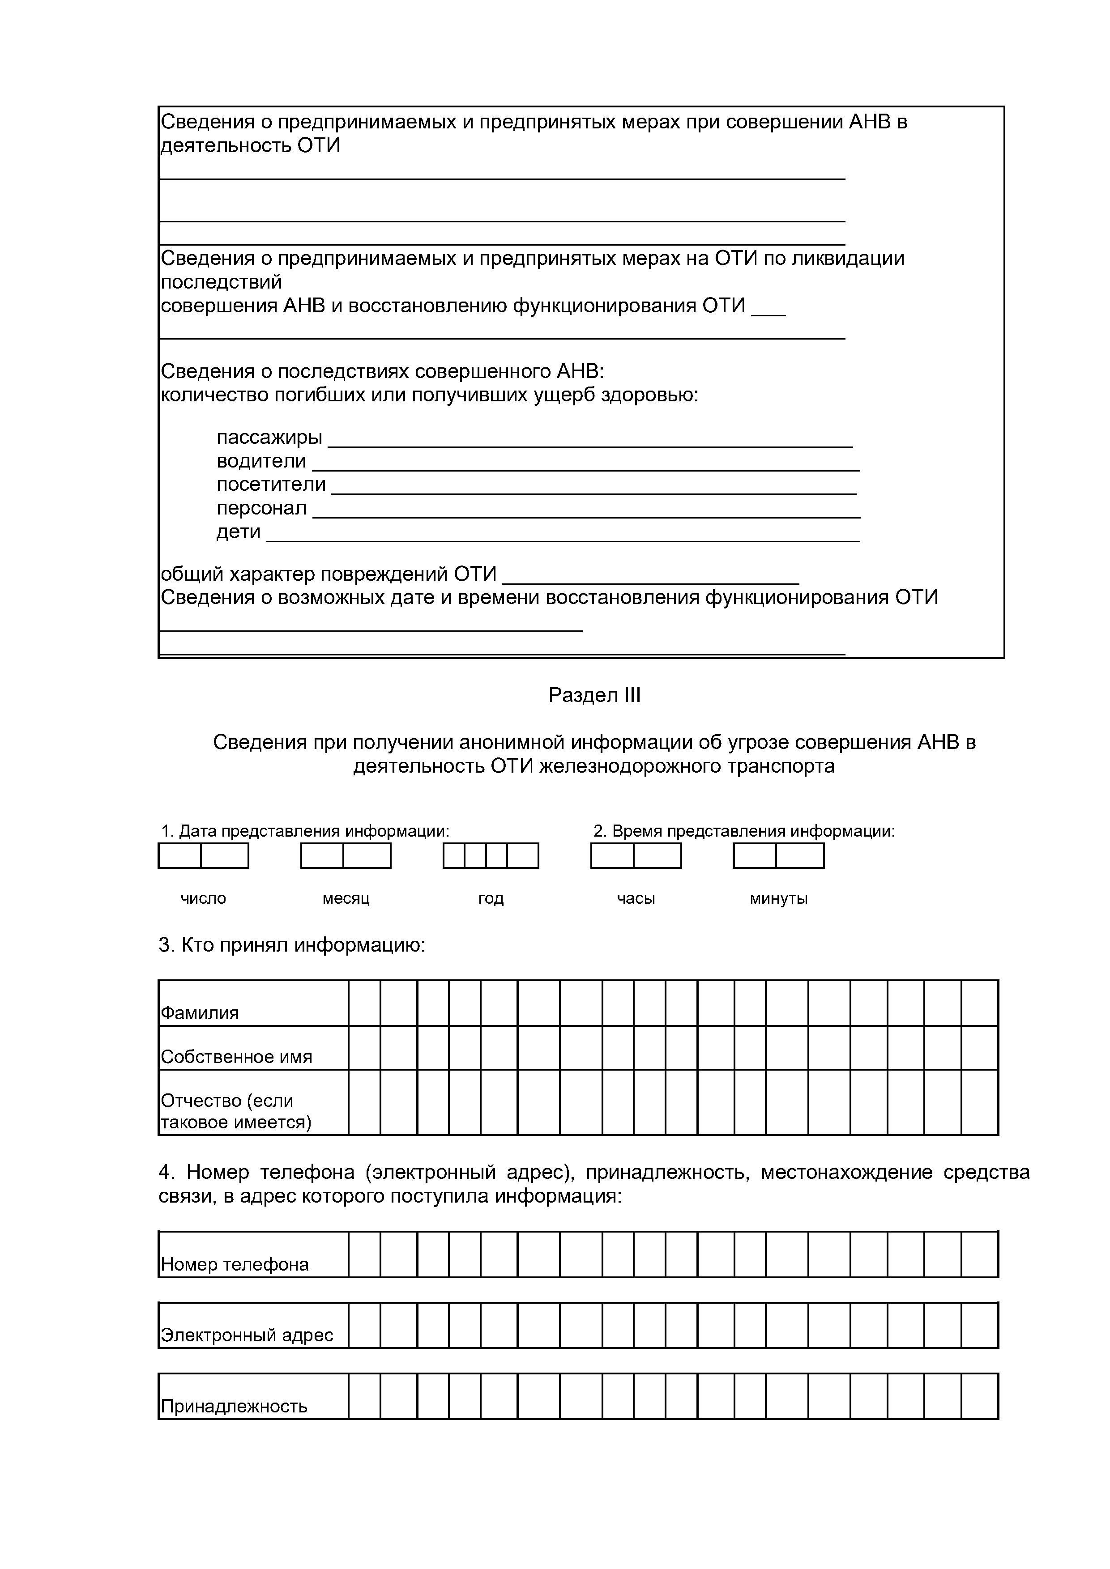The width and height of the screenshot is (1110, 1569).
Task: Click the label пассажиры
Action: point(269,438)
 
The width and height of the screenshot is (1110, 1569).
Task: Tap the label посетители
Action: point(271,485)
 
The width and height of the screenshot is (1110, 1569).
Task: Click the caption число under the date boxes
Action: point(203,899)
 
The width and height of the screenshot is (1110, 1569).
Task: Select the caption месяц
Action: point(346,899)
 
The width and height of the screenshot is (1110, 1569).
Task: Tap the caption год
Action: point(491,899)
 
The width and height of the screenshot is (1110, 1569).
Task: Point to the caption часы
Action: point(636,899)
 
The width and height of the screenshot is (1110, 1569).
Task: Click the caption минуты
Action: point(778,899)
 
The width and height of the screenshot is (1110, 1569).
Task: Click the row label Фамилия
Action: point(200,1013)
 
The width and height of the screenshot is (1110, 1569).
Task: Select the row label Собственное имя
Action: point(236,1057)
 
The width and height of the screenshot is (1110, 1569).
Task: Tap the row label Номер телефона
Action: point(235,1265)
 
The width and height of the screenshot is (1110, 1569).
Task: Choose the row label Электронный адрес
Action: point(247,1335)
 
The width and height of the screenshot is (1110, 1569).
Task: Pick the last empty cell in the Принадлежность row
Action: point(979,1397)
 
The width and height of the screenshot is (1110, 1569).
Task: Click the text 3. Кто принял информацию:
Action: point(292,946)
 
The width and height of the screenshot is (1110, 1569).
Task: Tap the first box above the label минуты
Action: point(755,855)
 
